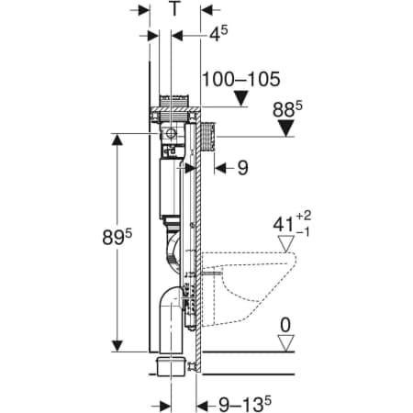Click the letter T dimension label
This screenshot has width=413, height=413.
174,9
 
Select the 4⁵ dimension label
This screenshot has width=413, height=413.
218,33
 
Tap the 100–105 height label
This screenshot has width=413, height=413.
241,79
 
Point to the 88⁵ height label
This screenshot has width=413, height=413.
287,109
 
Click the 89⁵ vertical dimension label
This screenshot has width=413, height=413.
117,236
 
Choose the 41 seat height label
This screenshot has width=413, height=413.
292,224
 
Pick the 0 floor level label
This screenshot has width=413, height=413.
285,325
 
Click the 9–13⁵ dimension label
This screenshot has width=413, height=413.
245,405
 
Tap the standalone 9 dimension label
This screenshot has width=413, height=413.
243,168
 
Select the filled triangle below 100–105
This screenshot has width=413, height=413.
241,98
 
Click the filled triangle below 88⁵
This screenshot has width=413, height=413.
286,128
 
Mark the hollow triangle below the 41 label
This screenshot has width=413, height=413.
286,244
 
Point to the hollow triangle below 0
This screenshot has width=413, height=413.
286,343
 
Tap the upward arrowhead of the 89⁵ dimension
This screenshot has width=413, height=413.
117,140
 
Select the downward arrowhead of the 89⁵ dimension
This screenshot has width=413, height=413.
117,346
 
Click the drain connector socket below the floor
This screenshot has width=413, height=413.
171,366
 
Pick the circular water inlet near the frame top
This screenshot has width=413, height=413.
171,134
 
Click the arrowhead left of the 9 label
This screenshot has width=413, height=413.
220,168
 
